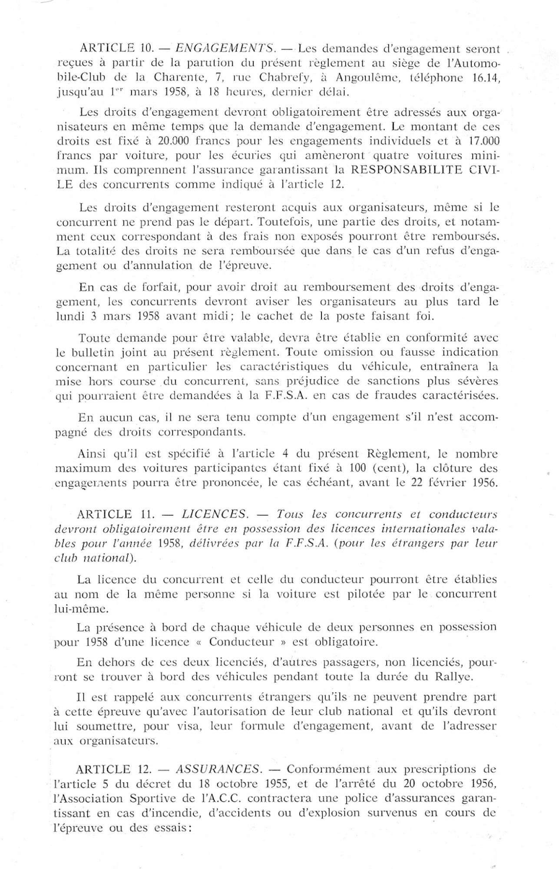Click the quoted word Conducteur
pos(248,642)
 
